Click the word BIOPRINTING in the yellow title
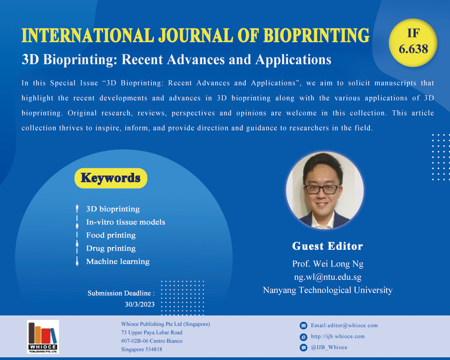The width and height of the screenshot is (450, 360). [x=316, y=35]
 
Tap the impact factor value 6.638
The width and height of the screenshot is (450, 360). [x=413, y=49]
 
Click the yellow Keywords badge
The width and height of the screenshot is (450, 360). [x=111, y=178]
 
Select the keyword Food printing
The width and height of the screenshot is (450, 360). [x=111, y=235]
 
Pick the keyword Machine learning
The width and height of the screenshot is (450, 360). [x=118, y=261]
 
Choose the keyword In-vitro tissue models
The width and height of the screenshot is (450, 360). [x=126, y=222]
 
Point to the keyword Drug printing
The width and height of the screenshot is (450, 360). [x=111, y=248]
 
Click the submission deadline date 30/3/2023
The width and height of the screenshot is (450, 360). [x=140, y=304]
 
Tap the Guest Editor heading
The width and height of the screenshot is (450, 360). [x=328, y=246]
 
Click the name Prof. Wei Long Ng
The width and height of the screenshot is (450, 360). [x=328, y=264]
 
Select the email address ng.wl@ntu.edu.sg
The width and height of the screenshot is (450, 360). [x=328, y=277]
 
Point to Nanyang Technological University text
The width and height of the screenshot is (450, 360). [x=328, y=290]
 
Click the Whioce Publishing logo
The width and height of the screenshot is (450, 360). [x=43, y=337]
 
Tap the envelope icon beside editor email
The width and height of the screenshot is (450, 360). [x=303, y=325]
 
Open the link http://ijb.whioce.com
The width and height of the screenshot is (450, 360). [x=338, y=336]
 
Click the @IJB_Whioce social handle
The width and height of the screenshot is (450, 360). [x=329, y=347]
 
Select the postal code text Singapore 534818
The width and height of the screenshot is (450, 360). [x=141, y=349]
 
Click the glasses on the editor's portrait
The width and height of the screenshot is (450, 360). [x=322, y=189]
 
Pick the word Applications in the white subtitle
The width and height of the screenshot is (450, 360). [x=293, y=60]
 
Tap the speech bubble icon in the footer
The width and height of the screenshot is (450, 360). [x=303, y=348]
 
